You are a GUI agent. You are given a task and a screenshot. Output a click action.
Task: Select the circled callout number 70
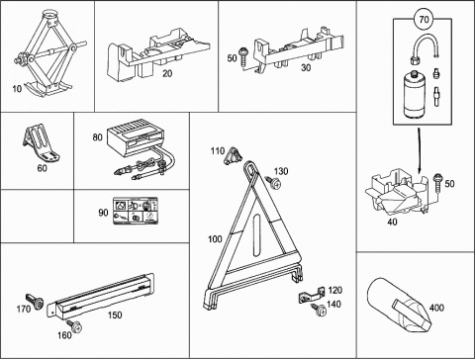pos(424,20)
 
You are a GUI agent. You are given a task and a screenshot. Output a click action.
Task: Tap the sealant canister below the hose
pos(413,95)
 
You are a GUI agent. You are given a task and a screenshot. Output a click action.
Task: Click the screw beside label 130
pos(273,182)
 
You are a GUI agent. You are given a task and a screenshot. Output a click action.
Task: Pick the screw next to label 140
pos(319,310)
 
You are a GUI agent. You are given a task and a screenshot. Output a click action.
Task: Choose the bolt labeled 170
pos(35,301)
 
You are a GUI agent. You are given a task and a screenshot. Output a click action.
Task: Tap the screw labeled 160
pos(74,326)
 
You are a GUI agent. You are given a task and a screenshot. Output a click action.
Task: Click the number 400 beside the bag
pos(436,308)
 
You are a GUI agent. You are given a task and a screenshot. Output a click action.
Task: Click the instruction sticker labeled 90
pos(136,211)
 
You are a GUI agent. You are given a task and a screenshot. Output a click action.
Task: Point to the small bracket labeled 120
pos(312,295)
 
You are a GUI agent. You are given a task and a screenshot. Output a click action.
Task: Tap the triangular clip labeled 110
pos(233,155)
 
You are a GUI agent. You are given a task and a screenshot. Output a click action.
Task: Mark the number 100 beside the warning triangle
pos(215,238)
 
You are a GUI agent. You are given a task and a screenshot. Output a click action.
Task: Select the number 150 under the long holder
pos(115,315)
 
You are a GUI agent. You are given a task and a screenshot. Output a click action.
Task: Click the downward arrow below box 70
pos(419,150)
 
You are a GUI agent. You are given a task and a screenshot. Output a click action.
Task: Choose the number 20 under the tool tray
pos(167,73)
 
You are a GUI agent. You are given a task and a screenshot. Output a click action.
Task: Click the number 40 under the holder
pos(392,223)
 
